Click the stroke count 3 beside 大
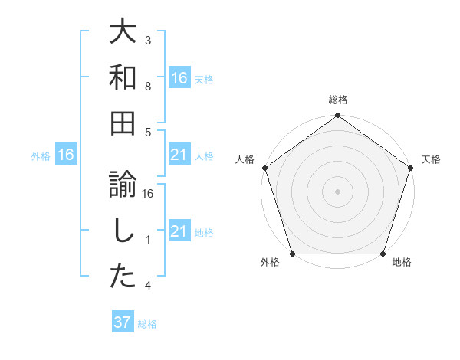(148, 40)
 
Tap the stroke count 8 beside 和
(148, 87)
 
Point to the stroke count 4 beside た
(148, 286)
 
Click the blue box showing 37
(123, 322)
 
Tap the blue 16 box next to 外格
(66, 155)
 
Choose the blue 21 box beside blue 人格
(179, 155)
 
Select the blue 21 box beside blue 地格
(179, 231)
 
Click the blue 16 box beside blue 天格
(179, 78)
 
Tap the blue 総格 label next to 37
(148, 324)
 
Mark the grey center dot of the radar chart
(337, 191)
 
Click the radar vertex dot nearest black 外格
(292, 254)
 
